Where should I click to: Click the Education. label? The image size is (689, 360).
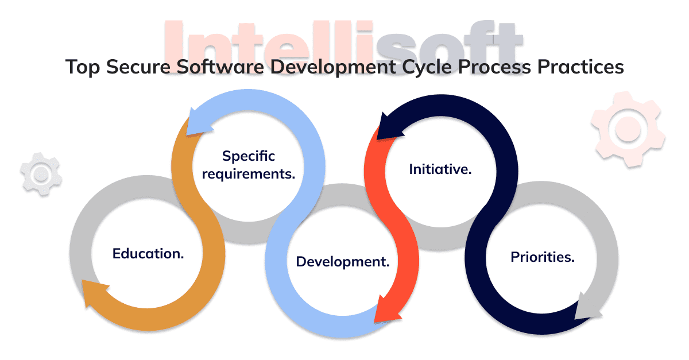[148, 254]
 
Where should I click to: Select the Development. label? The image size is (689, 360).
[343, 262]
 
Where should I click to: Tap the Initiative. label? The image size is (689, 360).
[440, 169]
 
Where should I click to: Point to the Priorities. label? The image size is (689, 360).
[543, 257]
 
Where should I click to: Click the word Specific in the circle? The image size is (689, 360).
[249, 156]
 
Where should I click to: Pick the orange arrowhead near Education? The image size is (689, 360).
[95, 293]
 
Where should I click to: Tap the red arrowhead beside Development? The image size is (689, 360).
[384, 309]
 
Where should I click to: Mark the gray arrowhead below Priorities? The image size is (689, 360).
[587, 307]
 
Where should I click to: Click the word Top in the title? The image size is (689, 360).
[78, 67]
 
